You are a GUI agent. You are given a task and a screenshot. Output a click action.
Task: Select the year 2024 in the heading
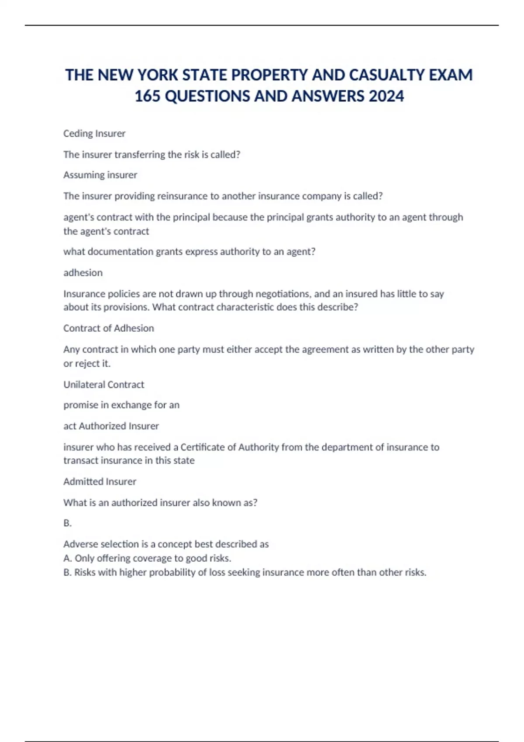[386, 96]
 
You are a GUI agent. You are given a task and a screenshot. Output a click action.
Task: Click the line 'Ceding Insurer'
[94, 134]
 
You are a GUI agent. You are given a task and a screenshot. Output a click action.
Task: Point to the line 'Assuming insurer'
[100, 175]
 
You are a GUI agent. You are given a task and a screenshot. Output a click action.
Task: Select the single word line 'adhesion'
[83, 273]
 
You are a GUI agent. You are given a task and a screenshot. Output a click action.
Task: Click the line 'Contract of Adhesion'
[109, 328]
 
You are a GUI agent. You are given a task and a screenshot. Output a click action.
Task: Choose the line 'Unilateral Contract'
[103, 385]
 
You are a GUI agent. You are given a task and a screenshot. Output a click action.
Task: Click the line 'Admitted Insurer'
[100, 481]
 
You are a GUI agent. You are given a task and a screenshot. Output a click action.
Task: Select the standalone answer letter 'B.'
[67, 523]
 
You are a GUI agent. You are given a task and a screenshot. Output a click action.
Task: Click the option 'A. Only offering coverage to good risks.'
[147, 558]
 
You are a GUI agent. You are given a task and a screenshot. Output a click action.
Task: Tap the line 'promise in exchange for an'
[121, 405]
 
